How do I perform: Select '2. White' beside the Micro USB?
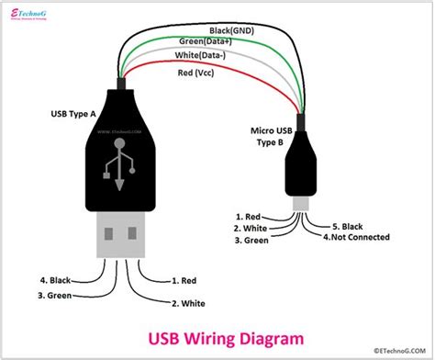click(x=251, y=228)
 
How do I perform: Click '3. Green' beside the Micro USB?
click(x=251, y=241)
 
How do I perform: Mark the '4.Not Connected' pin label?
click(x=356, y=237)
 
